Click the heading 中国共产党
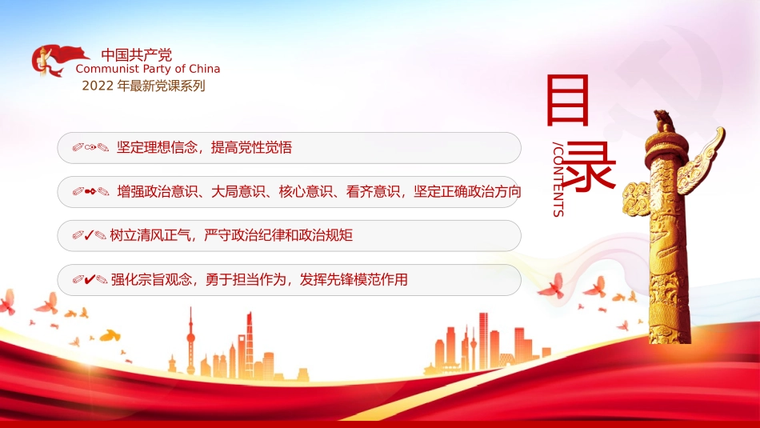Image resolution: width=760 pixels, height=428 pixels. click(x=136, y=55)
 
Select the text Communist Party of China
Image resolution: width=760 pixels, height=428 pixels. click(x=148, y=69)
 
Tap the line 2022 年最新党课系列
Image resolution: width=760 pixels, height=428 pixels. click(x=143, y=86)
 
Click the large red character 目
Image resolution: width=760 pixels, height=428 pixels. click(x=567, y=100)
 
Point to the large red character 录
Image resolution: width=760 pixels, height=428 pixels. click(x=590, y=166)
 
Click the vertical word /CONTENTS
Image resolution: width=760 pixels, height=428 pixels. click(x=558, y=181)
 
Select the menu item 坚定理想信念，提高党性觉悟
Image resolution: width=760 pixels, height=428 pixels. click(x=204, y=147)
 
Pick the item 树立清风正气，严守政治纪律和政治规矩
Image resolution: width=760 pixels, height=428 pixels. click(x=231, y=235)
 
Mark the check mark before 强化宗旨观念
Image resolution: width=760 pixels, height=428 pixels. click(x=90, y=279)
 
